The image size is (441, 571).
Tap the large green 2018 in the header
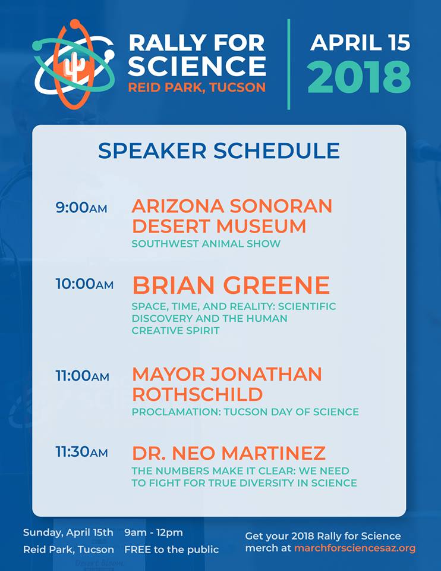click(359, 77)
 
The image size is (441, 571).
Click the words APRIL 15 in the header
click(360, 43)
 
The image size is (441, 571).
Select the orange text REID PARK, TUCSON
click(197, 87)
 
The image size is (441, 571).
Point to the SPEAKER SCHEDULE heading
click(219, 150)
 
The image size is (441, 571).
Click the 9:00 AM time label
click(81, 208)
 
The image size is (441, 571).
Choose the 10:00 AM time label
click(84, 284)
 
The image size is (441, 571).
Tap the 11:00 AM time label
click(82, 375)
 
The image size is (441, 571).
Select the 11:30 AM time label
click(82, 452)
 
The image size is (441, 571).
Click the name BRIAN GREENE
click(231, 285)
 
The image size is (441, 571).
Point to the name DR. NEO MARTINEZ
click(229, 453)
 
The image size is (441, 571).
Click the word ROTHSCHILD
click(197, 394)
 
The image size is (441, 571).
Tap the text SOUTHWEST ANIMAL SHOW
click(206, 244)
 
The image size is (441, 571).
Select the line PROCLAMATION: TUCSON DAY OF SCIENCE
click(245, 412)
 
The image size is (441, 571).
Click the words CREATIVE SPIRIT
click(176, 331)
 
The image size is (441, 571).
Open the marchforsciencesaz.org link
click(355, 548)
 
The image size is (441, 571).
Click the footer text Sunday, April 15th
click(68, 532)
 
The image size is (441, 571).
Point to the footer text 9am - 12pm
click(153, 533)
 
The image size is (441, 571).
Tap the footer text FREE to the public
click(172, 549)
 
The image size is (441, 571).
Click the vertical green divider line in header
click(289, 64)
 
